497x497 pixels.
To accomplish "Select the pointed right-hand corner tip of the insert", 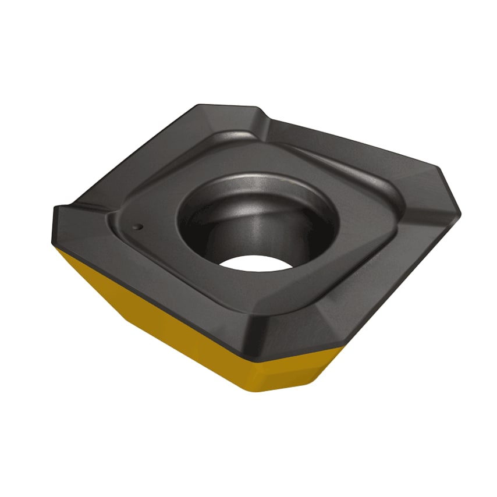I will pos(459,213).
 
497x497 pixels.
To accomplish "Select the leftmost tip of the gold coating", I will pos(58,247).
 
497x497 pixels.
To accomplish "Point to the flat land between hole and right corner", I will pos(378,227).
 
